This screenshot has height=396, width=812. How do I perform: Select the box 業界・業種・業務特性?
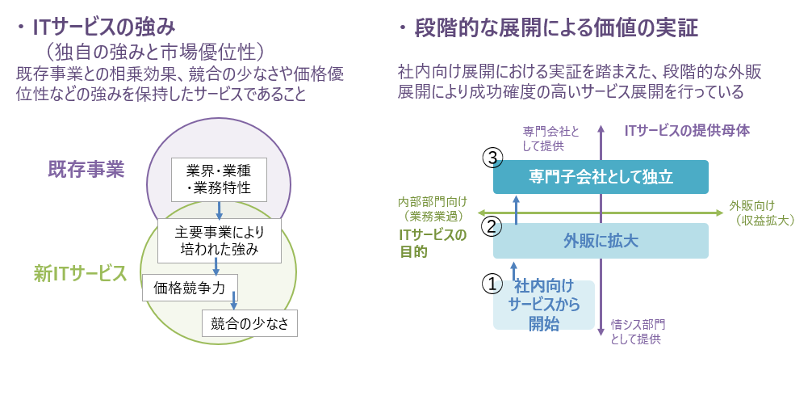pyautogui.click(x=219, y=180)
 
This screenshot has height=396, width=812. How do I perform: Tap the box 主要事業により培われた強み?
pyautogui.click(x=218, y=241)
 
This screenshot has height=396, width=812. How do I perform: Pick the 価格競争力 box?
pyautogui.click(x=189, y=288)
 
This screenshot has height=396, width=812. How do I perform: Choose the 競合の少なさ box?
pyautogui.click(x=249, y=323)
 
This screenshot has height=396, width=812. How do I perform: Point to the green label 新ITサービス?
pyautogui.click(x=80, y=273)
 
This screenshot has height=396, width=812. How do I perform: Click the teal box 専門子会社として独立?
pyautogui.click(x=601, y=176)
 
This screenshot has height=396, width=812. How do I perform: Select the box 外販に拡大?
pyautogui.click(x=601, y=240)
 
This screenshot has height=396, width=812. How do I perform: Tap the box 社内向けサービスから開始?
pyautogui.click(x=544, y=305)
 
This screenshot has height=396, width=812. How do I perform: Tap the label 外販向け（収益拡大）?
pyautogui.click(x=760, y=213)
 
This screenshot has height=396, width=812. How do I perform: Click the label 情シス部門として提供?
pyautogui.click(x=638, y=332)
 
